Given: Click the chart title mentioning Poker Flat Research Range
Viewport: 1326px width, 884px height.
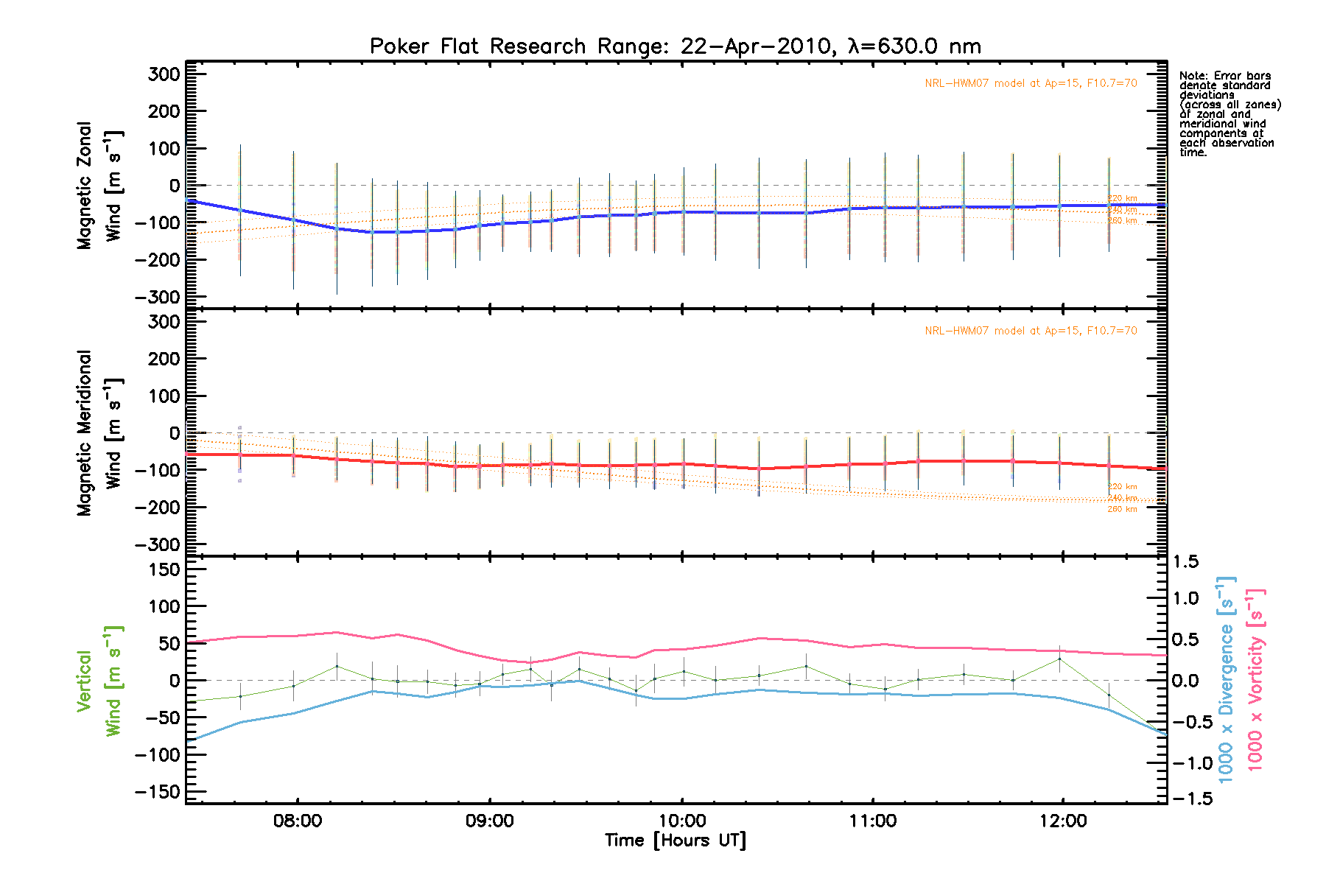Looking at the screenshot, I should click(x=675, y=46).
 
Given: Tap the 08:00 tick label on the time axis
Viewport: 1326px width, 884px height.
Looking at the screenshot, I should click(x=297, y=821).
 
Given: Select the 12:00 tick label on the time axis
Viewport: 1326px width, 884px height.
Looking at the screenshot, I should click(x=1063, y=821).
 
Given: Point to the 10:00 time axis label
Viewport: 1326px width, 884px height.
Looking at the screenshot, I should click(x=682, y=821).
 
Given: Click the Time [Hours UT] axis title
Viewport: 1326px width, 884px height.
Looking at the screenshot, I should click(x=675, y=841).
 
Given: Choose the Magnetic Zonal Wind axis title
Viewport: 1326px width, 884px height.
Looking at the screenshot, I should click(x=99, y=186).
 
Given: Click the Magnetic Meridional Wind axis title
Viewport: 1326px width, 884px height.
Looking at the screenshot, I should click(x=99, y=433).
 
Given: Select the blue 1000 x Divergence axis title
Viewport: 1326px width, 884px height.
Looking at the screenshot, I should click(x=1226, y=679).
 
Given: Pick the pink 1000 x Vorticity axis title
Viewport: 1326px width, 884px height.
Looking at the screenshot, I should click(x=1255, y=679).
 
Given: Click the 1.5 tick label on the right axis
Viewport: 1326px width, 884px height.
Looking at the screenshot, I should click(x=1185, y=562).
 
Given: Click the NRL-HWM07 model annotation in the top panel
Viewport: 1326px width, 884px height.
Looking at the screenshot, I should click(x=1031, y=83).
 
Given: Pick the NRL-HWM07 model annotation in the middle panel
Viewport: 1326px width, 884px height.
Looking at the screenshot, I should click(x=1031, y=331).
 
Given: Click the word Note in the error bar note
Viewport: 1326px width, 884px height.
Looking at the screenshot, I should click(x=1192, y=76).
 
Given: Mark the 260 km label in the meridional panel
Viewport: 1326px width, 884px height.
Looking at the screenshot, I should click(x=1122, y=509).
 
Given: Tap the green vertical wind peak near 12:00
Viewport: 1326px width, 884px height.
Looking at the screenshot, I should click(x=1060, y=659).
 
